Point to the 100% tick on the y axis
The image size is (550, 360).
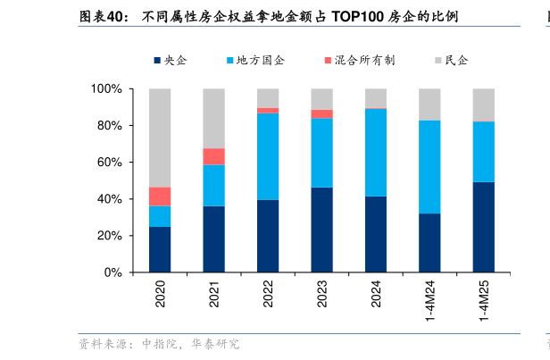tap(106, 89)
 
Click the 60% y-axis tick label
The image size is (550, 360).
tap(109, 163)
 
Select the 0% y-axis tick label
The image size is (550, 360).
tap(112, 272)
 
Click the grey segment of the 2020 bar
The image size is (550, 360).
tap(160, 138)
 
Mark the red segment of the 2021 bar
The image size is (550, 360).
tap(214, 156)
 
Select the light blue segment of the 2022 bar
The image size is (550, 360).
tap(268, 156)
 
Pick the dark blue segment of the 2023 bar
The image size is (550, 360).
tap(322, 230)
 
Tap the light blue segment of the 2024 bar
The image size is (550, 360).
tap(376, 152)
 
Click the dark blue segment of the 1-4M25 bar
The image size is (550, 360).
tap(484, 227)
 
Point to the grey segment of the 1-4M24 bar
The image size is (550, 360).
tap(429, 105)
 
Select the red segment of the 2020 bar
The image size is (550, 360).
tap(160, 197)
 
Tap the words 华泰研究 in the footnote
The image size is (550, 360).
tap(214, 344)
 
